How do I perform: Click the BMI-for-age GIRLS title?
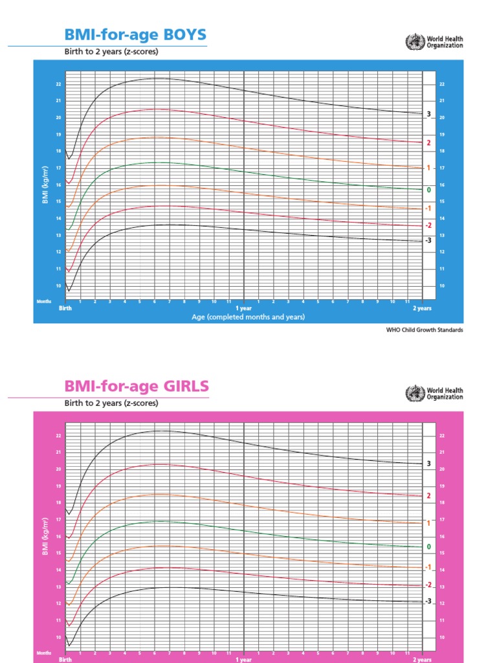(x=137, y=387)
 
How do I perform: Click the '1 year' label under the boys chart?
(x=244, y=308)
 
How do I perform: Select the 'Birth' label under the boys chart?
(x=66, y=308)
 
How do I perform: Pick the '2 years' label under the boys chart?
(x=423, y=308)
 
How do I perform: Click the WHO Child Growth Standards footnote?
(x=425, y=330)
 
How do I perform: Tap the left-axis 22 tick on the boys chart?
(x=58, y=84)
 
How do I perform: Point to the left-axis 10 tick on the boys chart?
(x=58, y=286)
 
